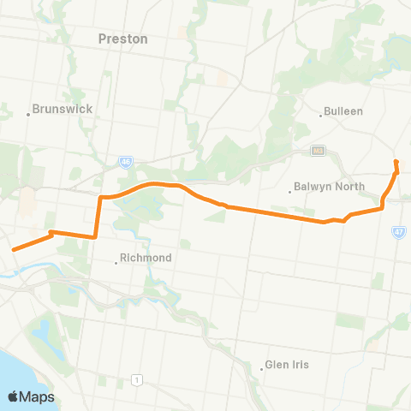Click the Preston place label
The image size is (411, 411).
(x=123, y=39)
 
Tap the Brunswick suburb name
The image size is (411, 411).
(x=62, y=109)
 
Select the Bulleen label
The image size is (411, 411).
(x=344, y=111)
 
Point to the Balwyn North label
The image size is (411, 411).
(x=330, y=186)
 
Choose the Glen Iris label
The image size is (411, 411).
(x=288, y=364)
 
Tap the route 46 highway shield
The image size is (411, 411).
(x=125, y=159)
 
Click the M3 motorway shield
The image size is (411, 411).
(x=319, y=152)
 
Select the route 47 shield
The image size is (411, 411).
(x=399, y=232)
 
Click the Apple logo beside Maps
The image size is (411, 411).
(x=15, y=396)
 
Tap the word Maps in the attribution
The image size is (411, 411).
(x=39, y=396)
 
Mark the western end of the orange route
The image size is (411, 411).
(x=14, y=250)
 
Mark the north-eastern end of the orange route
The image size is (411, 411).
(x=396, y=161)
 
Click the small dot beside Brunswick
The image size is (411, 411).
(x=28, y=114)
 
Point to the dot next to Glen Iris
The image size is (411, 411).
(x=261, y=369)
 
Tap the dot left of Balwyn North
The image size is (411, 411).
(x=290, y=191)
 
